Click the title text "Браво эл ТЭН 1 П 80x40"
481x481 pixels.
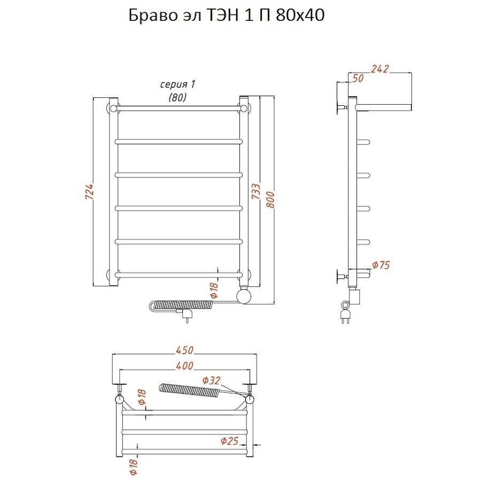click(227, 15)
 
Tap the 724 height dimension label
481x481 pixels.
click(89, 192)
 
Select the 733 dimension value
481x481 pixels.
click(256, 191)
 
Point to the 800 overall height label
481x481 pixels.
click(270, 200)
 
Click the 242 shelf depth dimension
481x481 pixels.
click(380, 69)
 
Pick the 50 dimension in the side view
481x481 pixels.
click(358, 78)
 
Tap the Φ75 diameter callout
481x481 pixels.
click(381, 265)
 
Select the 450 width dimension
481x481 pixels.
click(184, 350)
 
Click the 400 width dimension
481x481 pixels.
click(184, 366)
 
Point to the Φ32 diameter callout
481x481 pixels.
click(211, 381)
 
